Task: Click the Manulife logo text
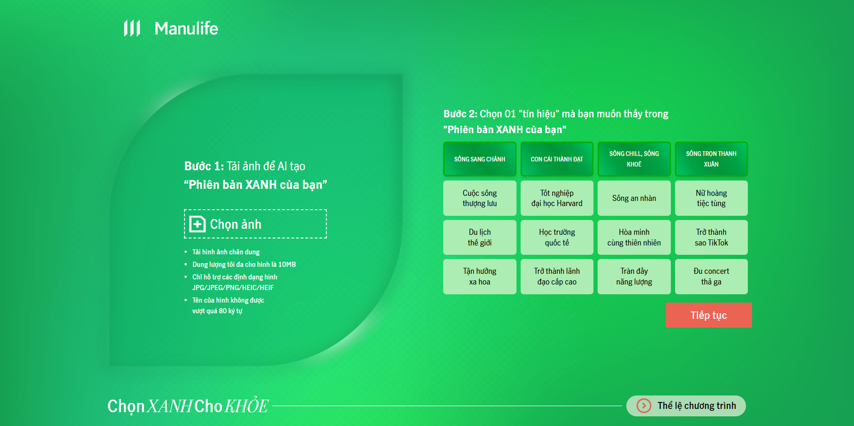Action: pos(186,29)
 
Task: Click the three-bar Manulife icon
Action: pos(132,28)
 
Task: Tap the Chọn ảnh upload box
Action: pos(255,223)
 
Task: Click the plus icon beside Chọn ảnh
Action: pos(197,224)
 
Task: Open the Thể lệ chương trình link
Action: pos(686,405)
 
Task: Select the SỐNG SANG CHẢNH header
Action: pos(480,159)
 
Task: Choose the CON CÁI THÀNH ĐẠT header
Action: pos(557,159)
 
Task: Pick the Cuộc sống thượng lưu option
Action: pos(480,198)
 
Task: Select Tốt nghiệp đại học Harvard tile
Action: pos(557,198)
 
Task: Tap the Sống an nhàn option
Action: pos(634,198)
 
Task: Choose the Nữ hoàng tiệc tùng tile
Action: pos(711,198)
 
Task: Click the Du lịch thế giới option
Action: pos(480,237)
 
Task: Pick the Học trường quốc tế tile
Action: pos(557,237)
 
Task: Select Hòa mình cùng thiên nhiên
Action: pos(634,237)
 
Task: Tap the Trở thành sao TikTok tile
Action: pos(711,237)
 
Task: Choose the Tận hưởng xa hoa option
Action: pos(480,276)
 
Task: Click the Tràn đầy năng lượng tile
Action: pos(634,276)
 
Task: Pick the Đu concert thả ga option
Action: pos(711,276)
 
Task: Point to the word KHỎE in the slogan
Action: pos(246,405)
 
